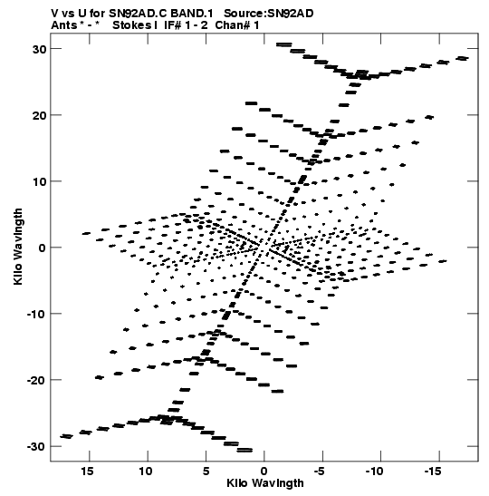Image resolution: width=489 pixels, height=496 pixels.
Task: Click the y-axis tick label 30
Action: (39, 49)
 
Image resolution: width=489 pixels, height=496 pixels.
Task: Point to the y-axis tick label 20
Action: (39, 115)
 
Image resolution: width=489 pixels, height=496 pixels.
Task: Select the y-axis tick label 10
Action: (39, 181)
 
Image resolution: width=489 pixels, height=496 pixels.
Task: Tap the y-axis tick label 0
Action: (42, 248)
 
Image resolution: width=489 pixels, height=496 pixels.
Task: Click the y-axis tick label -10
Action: (36, 314)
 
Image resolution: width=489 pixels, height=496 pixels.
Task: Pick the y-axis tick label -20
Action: (36, 380)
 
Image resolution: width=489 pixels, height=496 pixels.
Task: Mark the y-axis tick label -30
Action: (36, 447)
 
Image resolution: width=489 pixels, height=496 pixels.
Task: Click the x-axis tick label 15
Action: (87, 472)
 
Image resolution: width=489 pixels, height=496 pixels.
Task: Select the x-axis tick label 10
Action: (146, 472)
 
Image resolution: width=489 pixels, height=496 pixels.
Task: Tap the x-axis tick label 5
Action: (206, 472)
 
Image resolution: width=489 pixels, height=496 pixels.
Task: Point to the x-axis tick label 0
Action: (264, 472)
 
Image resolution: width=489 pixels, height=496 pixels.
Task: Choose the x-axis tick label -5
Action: (320, 472)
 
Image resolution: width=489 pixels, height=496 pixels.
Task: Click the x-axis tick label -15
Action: (432, 472)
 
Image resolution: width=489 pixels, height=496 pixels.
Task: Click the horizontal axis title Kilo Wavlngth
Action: (265, 483)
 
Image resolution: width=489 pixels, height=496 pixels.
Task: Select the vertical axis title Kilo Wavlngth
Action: (18, 247)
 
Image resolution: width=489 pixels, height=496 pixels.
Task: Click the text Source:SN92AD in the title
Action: (269, 14)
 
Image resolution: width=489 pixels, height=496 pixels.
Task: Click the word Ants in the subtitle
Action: (64, 25)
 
